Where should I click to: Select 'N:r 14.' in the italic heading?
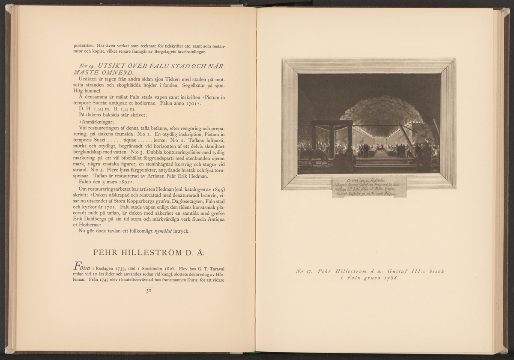coord(88,66)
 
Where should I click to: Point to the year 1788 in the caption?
coord(389,278)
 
